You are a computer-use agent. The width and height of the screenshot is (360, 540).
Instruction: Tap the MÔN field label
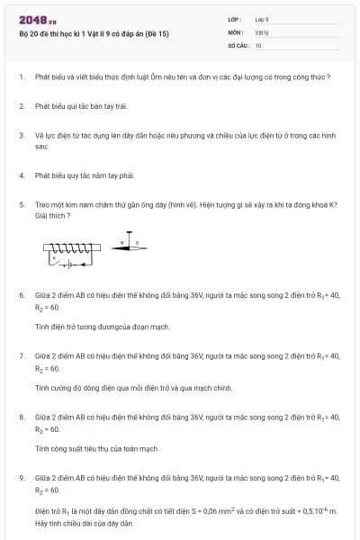[235, 31]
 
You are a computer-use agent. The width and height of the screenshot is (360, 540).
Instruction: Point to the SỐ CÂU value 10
[258, 44]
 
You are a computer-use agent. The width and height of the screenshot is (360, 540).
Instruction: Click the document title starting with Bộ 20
[94, 34]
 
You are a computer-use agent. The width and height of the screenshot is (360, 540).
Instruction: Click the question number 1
[21, 76]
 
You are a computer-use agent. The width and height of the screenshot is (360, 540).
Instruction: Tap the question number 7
[21, 355]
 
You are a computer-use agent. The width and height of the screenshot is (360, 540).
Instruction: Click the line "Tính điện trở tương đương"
[90, 325]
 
